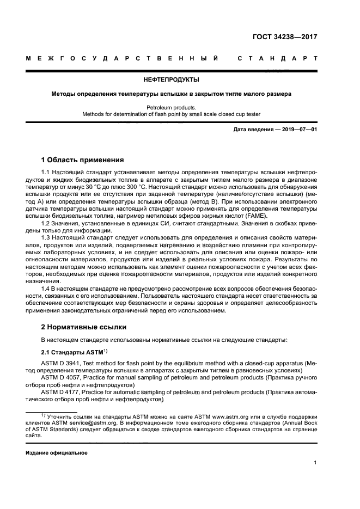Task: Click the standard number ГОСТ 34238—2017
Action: (x=285, y=38)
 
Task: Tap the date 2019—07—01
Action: (x=296, y=130)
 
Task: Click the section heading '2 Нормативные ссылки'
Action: (x=84, y=327)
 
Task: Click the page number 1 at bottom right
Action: (x=315, y=463)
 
